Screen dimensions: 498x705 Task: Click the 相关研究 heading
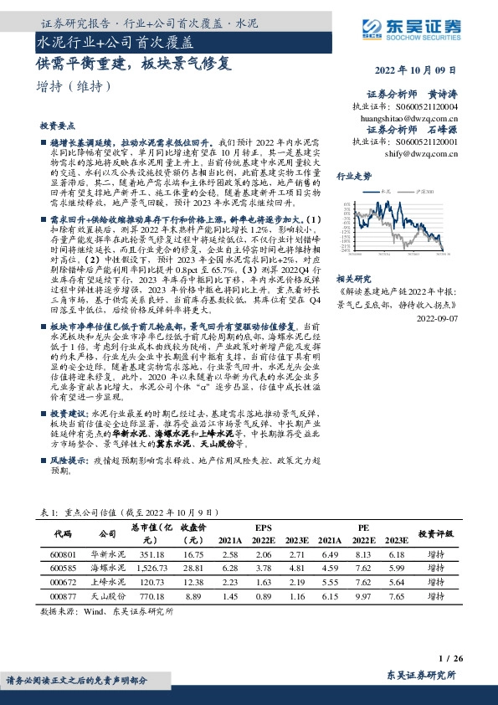click(353, 277)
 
